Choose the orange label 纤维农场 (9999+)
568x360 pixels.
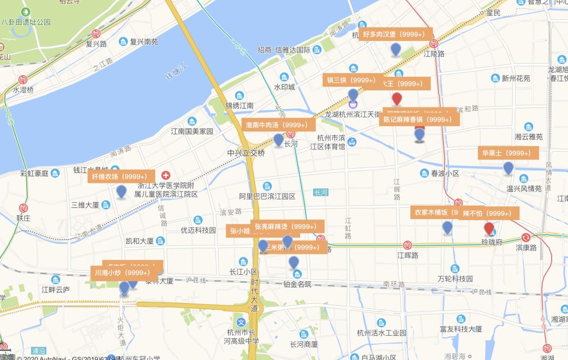121,176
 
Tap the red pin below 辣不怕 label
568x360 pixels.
489,228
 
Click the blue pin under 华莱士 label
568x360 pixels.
508,168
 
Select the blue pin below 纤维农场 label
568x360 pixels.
121,192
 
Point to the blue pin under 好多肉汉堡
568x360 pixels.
396,50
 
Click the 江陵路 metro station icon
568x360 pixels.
433,44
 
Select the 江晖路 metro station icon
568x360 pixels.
408,245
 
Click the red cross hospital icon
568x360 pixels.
166,175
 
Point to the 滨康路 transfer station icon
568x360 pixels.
525,237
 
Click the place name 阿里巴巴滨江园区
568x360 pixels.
267,196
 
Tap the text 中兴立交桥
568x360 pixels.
246,153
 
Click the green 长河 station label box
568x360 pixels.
320,193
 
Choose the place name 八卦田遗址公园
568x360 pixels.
26,22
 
